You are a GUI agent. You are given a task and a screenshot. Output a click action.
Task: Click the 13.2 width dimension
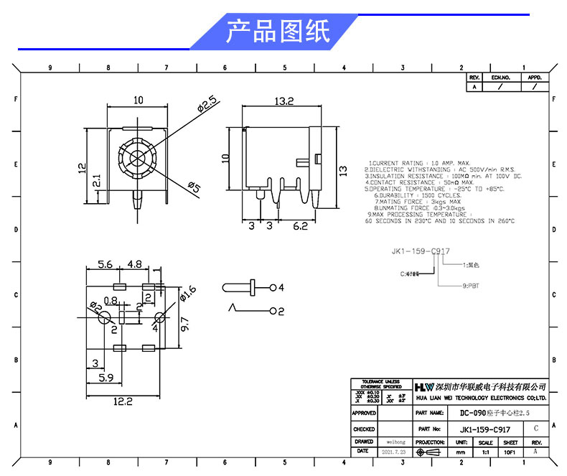pyautogui.click(x=284, y=102)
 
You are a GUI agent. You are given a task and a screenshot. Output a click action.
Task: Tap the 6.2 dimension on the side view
pyautogui.click(x=299, y=226)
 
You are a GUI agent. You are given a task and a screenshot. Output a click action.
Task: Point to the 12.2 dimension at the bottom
pyautogui.click(x=124, y=402)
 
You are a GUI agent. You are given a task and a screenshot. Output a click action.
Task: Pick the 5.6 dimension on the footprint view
pyautogui.click(x=105, y=264)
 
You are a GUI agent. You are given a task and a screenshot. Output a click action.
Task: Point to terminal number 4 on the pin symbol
pyautogui.click(x=282, y=288)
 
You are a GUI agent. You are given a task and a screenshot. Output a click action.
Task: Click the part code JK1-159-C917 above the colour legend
pyautogui.click(x=421, y=251)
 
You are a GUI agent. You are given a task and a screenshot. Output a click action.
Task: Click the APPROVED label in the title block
pyautogui.click(x=364, y=414)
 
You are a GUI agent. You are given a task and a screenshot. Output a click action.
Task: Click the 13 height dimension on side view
pyautogui.click(x=342, y=170)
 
